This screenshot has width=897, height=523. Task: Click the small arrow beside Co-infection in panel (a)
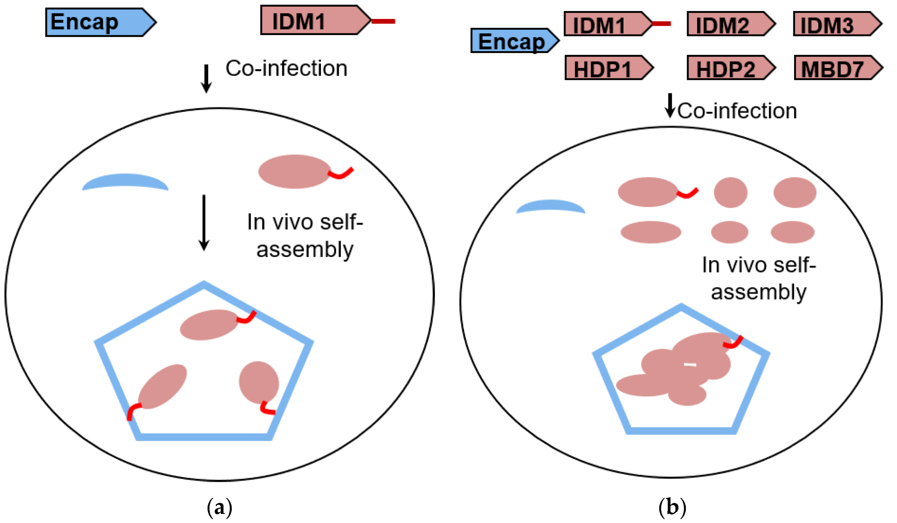(206, 78)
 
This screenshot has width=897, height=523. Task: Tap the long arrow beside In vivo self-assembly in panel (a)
(204, 223)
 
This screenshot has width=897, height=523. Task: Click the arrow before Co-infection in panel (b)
(670, 106)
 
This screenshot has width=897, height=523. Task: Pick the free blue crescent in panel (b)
(550, 206)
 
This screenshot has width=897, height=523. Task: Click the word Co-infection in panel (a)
(286, 68)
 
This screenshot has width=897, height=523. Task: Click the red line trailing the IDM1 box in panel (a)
(383, 21)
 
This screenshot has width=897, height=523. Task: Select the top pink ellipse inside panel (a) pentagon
(209, 325)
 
